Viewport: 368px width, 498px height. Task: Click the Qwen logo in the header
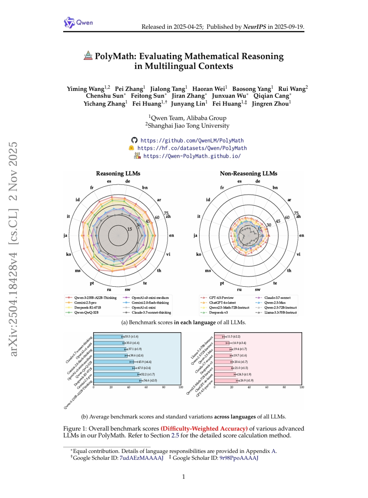[78, 23]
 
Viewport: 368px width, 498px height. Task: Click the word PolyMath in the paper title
[114, 56]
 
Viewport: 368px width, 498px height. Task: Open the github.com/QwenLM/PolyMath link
[192, 141]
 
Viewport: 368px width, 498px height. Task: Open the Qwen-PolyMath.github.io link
[192, 156]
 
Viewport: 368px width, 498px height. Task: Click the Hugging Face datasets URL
[192, 149]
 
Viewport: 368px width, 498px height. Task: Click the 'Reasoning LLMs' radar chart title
[118, 174]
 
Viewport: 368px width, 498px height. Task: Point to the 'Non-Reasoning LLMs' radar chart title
[249, 174]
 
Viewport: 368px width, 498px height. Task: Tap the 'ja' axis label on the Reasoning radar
[65, 236]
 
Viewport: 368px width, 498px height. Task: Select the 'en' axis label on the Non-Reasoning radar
[301, 236]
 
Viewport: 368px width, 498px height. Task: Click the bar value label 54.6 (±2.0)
[150, 380]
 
